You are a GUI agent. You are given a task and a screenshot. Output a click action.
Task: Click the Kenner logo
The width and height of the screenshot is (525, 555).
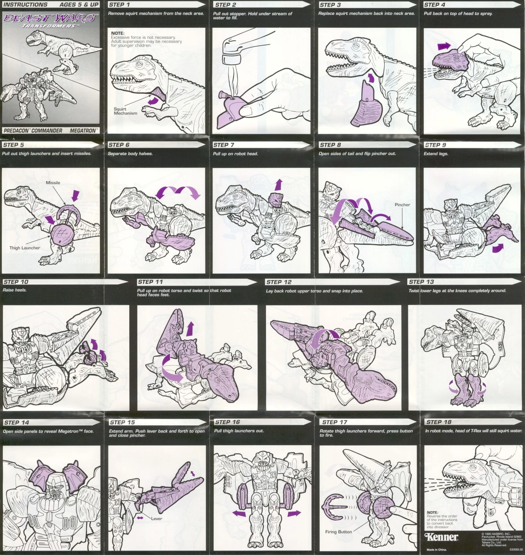point(442,536)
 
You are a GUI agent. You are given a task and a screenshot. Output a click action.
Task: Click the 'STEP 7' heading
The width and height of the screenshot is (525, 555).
point(224,145)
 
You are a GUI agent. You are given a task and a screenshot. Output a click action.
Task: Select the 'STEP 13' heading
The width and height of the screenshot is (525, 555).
point(421,282)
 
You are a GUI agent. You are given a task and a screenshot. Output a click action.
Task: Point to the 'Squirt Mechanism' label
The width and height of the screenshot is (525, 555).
point(125,111)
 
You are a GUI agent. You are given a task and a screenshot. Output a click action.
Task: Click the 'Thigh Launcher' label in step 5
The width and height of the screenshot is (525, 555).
point(25,248)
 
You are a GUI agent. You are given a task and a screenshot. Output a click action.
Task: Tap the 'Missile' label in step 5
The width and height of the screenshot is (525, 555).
point(53,182)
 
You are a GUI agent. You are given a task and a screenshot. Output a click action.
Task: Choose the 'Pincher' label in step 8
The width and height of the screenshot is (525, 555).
point(402,205)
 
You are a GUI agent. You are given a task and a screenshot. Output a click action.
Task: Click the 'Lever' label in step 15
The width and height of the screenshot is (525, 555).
point(156,519)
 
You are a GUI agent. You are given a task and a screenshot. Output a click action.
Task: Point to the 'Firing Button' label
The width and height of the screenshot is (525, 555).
point(338,532)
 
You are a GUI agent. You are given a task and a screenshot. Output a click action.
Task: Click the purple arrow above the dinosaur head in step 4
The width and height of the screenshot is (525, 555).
point(444,47)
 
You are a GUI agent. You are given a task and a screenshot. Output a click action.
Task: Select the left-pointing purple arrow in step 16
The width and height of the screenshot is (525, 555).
point(239,514)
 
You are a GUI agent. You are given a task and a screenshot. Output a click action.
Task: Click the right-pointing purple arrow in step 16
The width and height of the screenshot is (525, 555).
point(294,514)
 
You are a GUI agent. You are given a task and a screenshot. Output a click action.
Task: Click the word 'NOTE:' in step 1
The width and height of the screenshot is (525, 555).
point(118,33)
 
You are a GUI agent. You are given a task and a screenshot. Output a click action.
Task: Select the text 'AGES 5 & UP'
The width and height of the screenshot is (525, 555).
point(79,5)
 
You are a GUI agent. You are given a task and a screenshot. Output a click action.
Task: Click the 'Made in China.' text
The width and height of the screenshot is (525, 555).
point(437,550)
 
